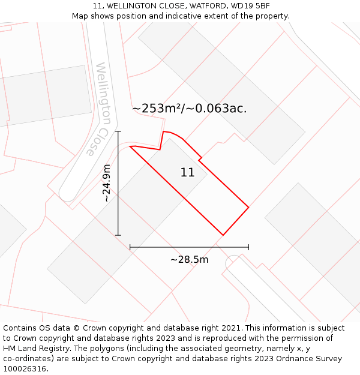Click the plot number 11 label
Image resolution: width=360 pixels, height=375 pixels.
coord(187,173)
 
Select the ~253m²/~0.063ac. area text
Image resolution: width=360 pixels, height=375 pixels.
coord(189,109)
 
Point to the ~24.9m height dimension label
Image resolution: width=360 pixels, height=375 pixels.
coord(106,183)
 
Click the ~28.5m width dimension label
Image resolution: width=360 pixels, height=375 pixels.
coord(189,260)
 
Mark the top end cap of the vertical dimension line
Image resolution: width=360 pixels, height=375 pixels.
coord(118,131)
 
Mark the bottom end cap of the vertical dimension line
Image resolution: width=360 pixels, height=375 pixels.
coord(118,235)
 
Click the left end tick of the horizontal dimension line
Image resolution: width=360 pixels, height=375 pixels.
coord(130,247)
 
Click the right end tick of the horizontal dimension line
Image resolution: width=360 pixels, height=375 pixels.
coord(248,247)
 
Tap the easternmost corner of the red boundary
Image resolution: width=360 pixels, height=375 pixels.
coord(248,208)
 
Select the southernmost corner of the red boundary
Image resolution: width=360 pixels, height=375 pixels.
coord(223,235)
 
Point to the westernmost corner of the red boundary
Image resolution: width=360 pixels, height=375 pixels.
coord(130,146)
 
